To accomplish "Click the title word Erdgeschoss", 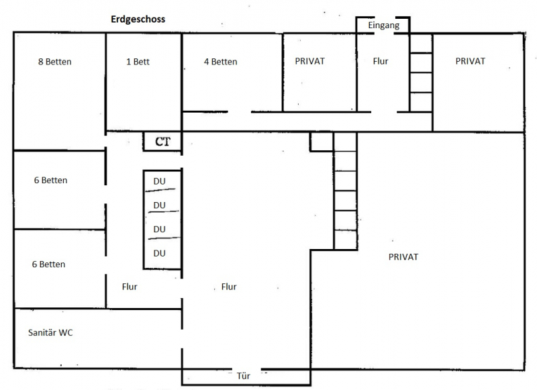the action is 138,19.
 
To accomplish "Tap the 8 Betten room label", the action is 55,62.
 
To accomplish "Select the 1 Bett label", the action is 138,62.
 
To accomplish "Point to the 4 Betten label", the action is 221,62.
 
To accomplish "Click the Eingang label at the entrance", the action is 383,26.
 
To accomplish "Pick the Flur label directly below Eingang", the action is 381,61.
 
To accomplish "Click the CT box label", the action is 162,142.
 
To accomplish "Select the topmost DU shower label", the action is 159,181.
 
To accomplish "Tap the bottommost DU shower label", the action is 159,253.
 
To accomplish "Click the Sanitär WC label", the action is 50,332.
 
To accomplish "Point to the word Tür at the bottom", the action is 244,376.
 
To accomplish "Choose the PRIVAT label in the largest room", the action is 403,257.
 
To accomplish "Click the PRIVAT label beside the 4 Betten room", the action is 310,61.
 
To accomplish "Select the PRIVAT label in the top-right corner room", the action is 471,61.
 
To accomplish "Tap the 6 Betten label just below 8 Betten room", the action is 51,180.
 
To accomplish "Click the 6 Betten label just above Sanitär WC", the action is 48,264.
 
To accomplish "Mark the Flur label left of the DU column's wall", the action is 130,287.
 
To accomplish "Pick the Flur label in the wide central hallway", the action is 229,287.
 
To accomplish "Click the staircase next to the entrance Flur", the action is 421,72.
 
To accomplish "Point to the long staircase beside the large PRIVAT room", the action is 345,191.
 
